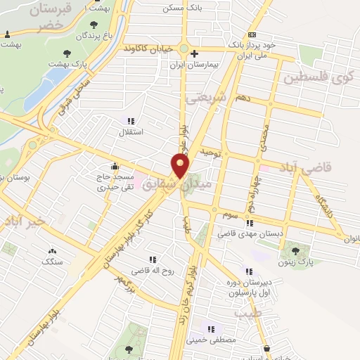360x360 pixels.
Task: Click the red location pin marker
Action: point(181,166)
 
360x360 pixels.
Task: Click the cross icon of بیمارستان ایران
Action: point(195,53)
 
